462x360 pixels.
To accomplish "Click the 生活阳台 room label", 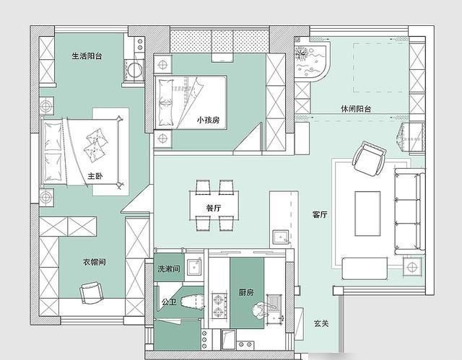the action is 87,56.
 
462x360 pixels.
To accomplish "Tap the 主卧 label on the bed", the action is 95,176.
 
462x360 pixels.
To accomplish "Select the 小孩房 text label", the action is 209,120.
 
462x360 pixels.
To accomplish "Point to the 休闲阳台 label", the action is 356,109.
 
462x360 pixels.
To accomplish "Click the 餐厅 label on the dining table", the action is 214,208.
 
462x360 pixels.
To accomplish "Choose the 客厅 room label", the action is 320,214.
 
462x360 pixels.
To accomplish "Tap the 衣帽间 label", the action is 95,262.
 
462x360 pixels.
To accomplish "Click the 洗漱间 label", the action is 168,268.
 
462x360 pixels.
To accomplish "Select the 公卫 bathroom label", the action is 169,302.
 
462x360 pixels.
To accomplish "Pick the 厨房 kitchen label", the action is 246,293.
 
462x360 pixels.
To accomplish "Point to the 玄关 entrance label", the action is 321,324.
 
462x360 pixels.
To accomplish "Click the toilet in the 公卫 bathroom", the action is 192,302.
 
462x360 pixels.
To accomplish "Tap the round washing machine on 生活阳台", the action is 135,70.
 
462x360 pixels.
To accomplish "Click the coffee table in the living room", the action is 367,214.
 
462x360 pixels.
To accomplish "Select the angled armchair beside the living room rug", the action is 369,159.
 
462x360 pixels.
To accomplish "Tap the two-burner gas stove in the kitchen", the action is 219,306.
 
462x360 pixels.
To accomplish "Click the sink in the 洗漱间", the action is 195,267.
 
